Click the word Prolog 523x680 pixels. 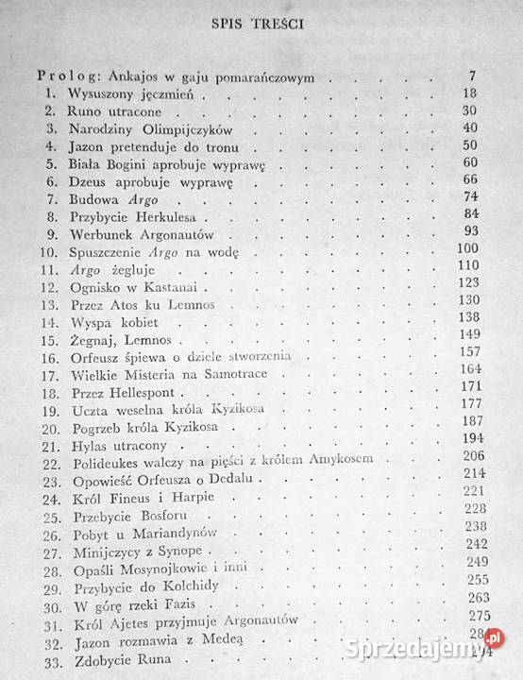click(64, 77)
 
